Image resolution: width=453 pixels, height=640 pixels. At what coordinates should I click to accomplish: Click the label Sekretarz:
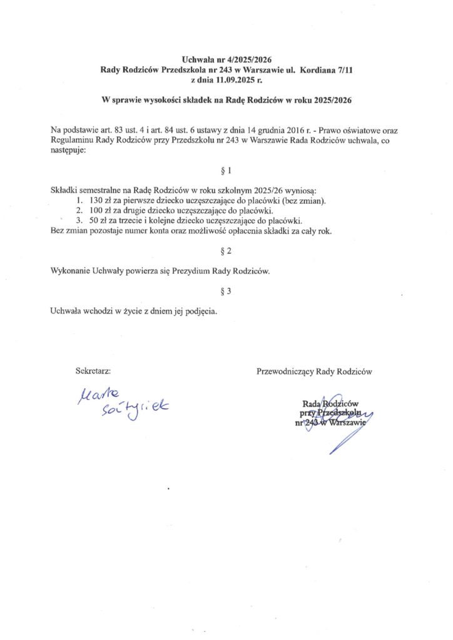[93, 371]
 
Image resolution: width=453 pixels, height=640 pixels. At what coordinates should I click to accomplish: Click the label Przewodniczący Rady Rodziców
[314, 371]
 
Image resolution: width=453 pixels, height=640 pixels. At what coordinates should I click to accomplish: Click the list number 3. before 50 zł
[79, 221]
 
